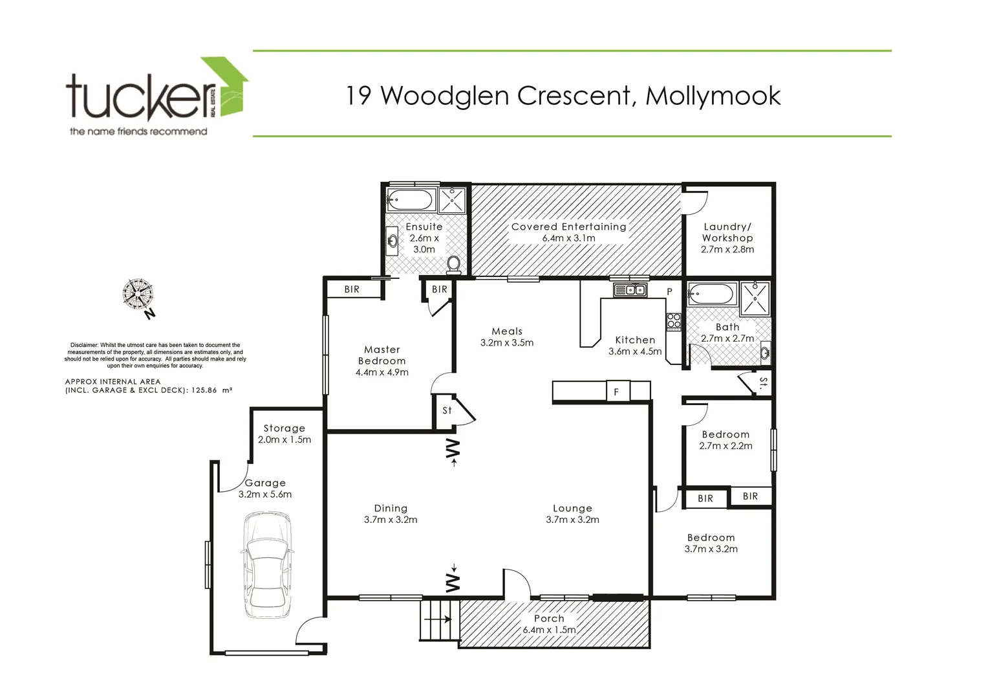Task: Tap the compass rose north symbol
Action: coord(138,294)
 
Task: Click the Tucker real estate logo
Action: coord(155,97)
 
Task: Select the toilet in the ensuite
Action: coord(454,263)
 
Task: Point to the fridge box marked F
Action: coord(617,392)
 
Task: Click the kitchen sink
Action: coord(630,290)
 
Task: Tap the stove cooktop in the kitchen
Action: coord(674,321)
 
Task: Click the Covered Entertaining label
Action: coord(568,227)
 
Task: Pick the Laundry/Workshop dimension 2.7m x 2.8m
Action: coord(727,249)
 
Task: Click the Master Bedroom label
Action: coord(381,355)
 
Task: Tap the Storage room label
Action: coord(284,428)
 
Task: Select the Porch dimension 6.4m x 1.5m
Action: coord(549,630)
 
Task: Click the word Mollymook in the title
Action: coord(713,96)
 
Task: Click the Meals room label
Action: coord(506,331)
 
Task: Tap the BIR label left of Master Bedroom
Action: coord(352,289)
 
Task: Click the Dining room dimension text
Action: coord(391,520)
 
